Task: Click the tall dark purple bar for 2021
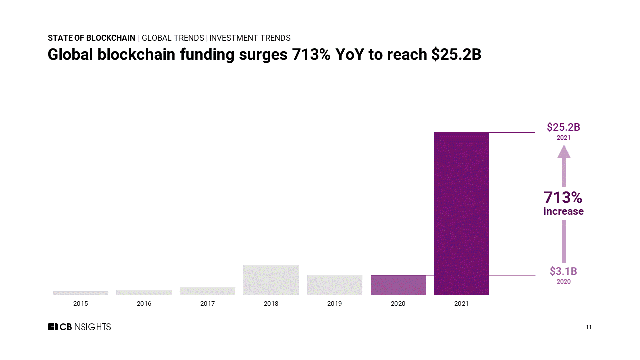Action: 461,213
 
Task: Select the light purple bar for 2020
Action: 398,285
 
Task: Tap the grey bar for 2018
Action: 271,280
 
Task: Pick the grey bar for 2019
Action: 334,285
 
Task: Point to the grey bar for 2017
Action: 207,291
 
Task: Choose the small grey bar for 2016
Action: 144,292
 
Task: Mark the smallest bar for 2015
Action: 80,293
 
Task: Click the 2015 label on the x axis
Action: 80,303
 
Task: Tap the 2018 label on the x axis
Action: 271,303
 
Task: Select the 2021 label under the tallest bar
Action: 461,303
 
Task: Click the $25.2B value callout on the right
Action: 563,127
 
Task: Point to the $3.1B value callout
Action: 563,271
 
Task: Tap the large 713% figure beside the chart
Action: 563,198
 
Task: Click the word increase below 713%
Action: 563,211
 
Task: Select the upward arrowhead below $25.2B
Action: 564,152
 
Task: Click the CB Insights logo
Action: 79,327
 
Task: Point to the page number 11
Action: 589,327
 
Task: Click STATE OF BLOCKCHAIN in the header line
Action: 91,38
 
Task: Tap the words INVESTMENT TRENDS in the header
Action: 250,38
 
